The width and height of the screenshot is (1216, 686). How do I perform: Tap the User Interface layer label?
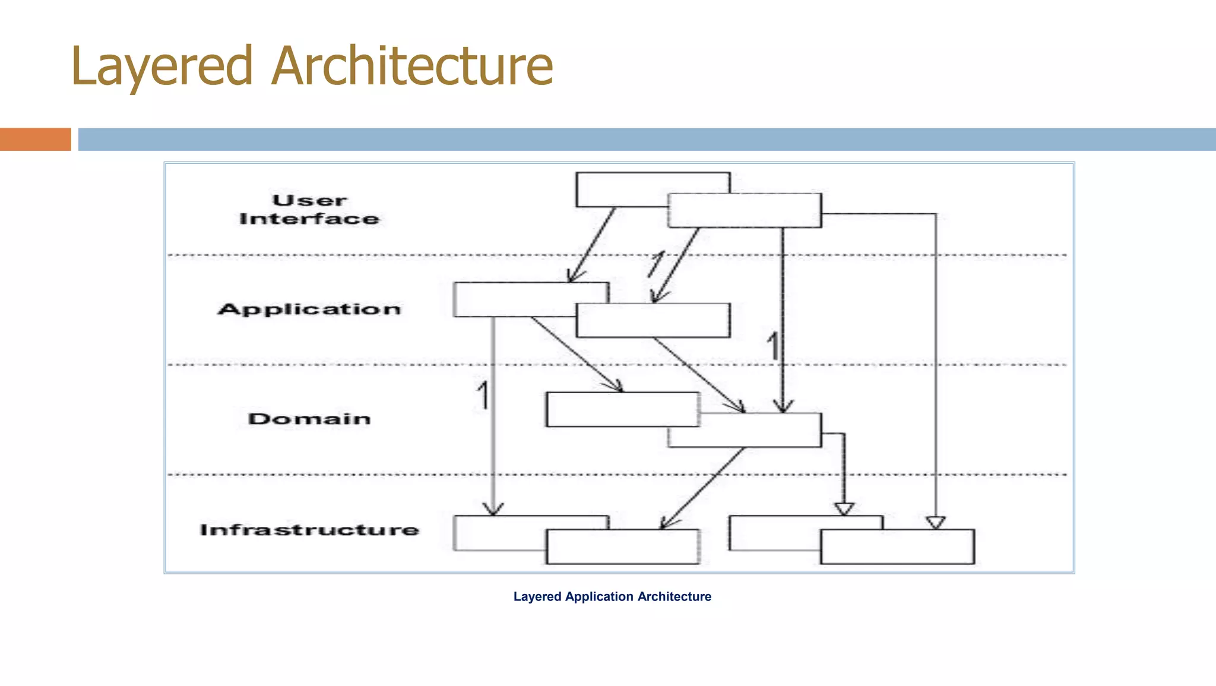pyautogui.click(x=309, y=210)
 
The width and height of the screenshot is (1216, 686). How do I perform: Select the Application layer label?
pyautogui.click(x=309, y=309)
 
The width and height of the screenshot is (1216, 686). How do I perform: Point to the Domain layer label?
pyautogui.click(x=309, y=419)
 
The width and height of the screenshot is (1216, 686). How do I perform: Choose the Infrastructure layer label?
pyautogui.click(x=309, y=530)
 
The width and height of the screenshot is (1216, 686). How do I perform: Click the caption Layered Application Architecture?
pyautogui.click(x=612, y=596)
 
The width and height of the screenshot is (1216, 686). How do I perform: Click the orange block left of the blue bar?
pyautogui.click(x=35, y=139)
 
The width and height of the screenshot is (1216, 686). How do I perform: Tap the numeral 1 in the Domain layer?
pyautogui.click(x=483, y=396)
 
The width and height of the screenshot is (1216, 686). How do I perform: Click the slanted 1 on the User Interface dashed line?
pyautogui.click(x=656, y=264)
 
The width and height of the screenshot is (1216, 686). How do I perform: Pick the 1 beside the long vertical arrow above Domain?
pyautogui.click(x=772, y=346)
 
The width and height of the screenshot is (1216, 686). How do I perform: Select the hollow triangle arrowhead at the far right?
pyautogui.click(x=936, y=523)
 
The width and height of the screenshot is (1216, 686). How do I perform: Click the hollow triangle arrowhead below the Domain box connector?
pyautogui.click(x=844, y=509)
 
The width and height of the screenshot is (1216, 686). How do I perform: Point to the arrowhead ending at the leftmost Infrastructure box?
pyautogui.click(x=493, y=510)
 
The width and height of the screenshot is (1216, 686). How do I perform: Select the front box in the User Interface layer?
pyautogui.click(x=745, y=210)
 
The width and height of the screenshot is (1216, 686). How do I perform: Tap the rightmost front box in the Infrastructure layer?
pyautogui.click(x=897, y=547)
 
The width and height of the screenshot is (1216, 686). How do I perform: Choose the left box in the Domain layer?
pyautogui.click(x=622, y=409)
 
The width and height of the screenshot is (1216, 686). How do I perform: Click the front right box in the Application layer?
pyautogui.click(x=653, y=321)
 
